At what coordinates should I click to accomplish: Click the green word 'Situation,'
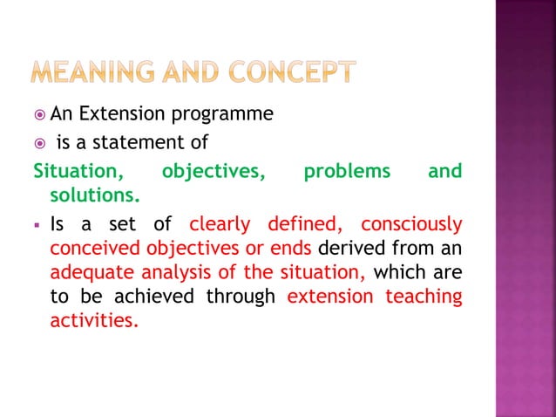click(77, 171)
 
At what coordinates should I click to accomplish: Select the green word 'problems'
click(346, 171)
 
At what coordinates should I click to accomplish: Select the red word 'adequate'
click(88, 273)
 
